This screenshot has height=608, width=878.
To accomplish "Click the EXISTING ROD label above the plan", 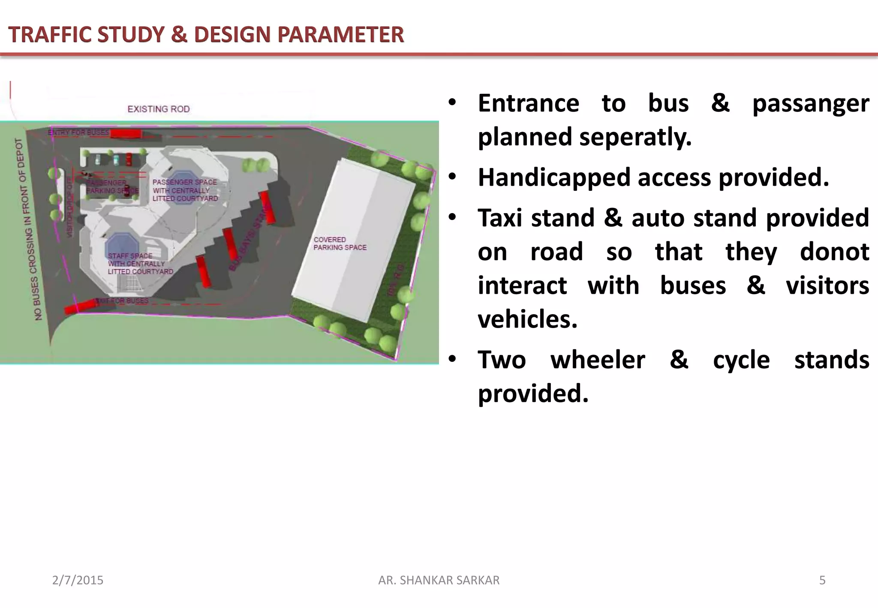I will (x=159, y=109).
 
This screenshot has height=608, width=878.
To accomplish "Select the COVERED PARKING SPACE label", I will (x=340, y=244).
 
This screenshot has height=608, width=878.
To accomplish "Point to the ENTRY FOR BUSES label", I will (x=78, y=132).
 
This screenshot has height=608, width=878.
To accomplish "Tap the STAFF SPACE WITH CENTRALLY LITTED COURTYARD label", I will (x=140, y=264).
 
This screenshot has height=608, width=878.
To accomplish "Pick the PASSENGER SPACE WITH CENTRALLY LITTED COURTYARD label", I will (x=185, y=190).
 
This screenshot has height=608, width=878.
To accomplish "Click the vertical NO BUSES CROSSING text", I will (x=29, y=229).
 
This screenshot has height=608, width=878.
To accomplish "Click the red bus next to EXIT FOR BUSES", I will (x=80, y=307).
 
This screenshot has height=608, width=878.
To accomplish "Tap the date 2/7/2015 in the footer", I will (x=78, y=580).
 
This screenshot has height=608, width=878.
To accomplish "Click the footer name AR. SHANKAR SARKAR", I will (x=439, y=580).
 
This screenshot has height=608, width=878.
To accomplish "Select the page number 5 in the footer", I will (x=822, y=580).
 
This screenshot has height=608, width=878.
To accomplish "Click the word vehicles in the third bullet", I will (x=527, y=319).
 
